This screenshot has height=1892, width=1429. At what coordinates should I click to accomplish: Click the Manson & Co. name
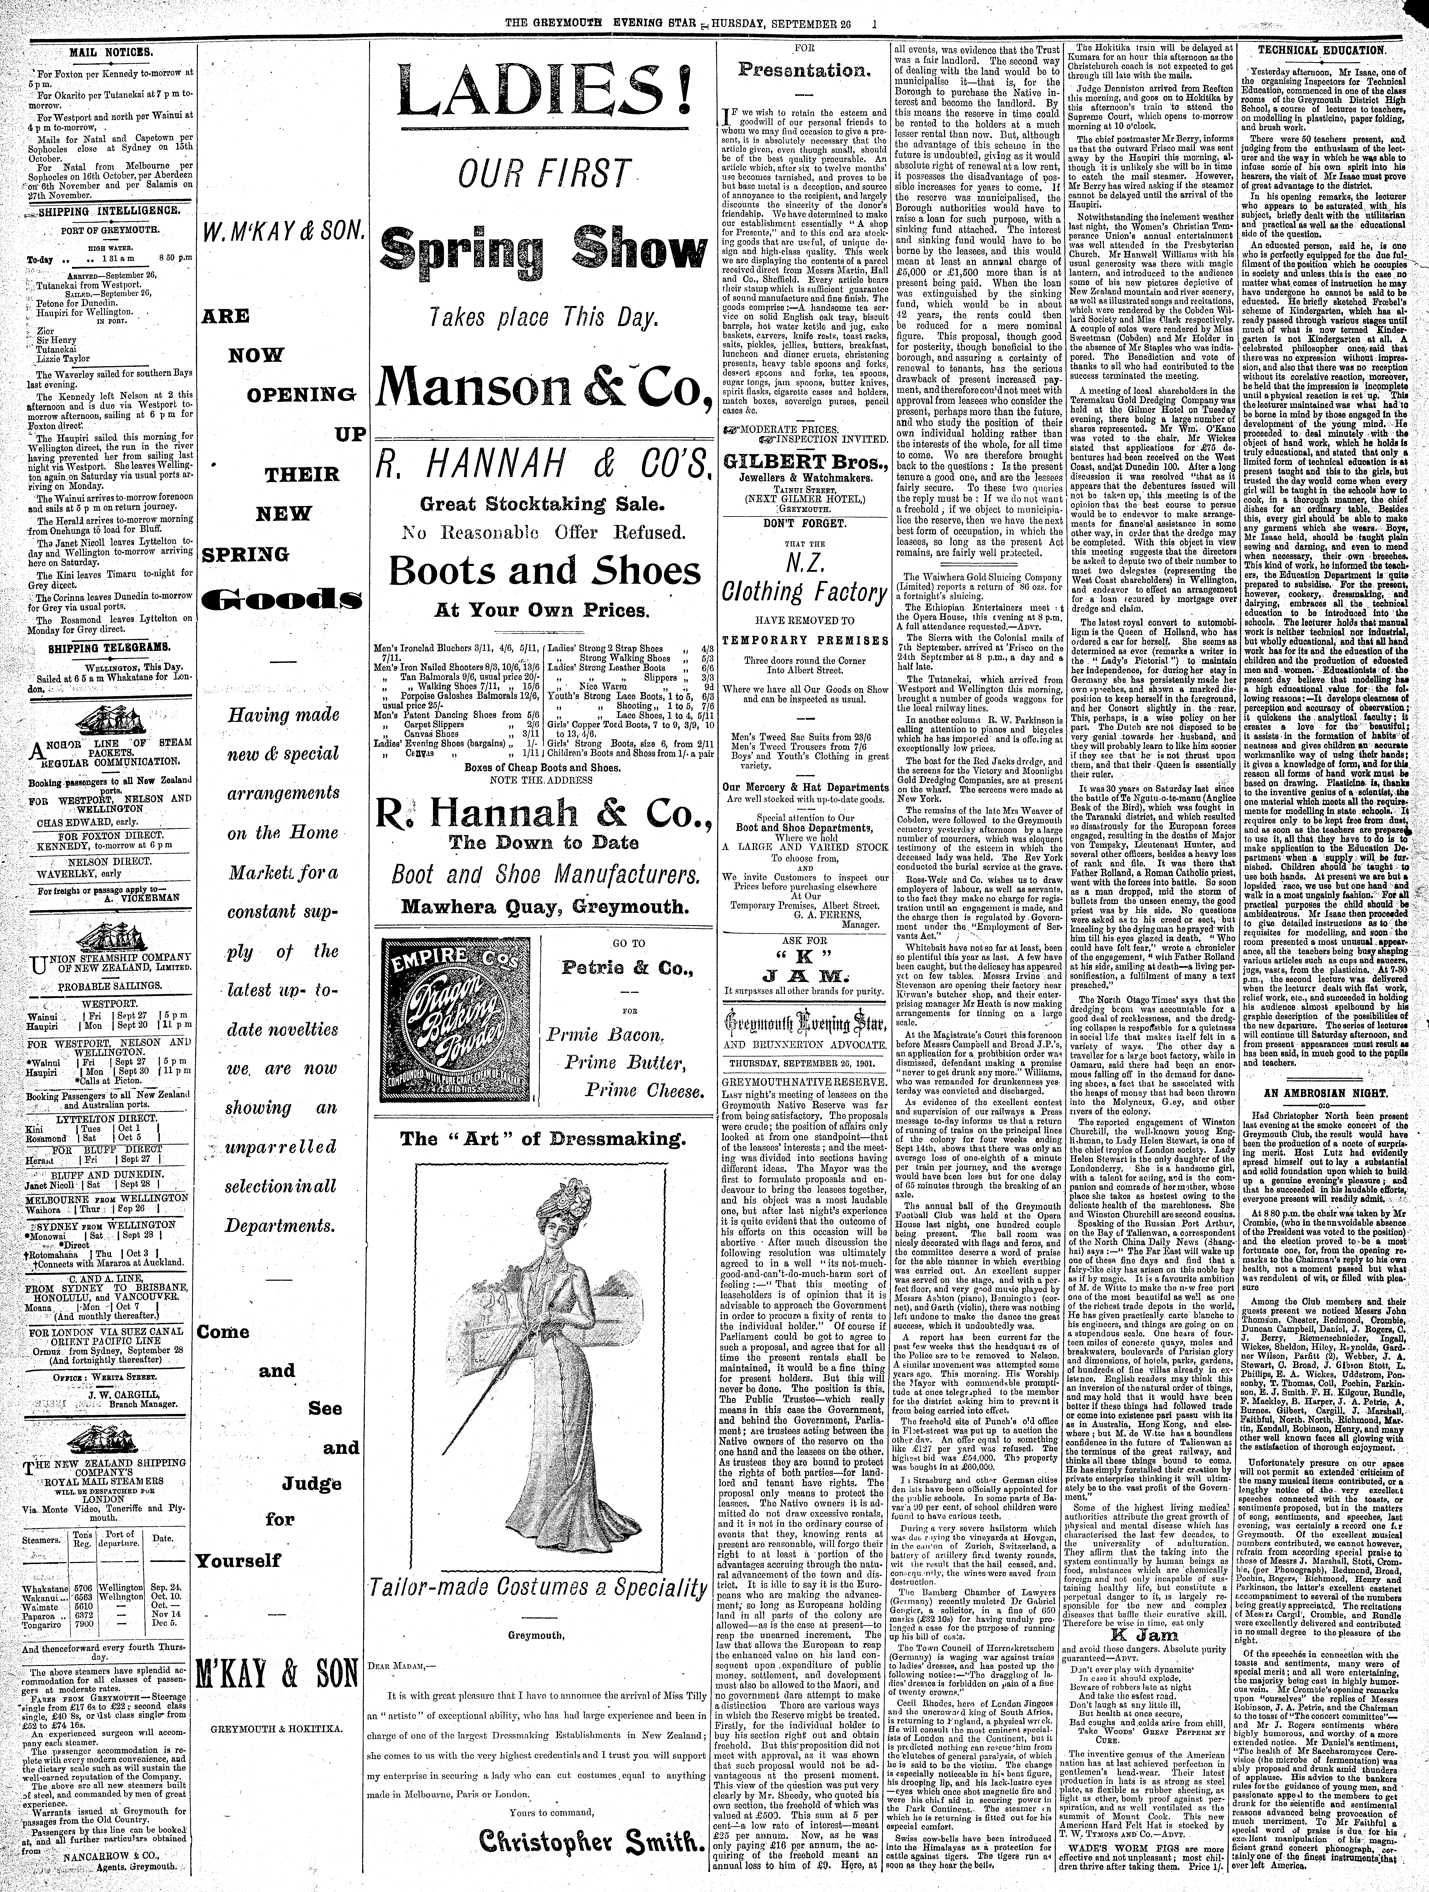544,387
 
